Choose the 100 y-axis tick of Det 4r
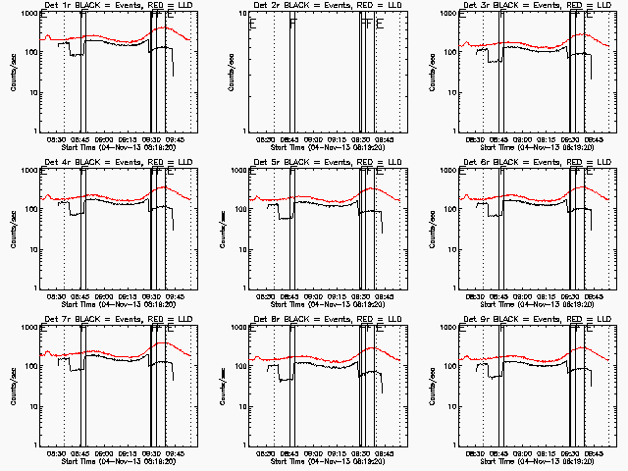click(31, 209)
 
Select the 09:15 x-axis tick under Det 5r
click(337, 297)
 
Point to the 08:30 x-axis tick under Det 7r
click(58, 454)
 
